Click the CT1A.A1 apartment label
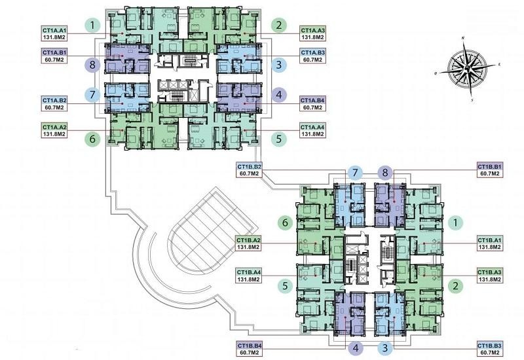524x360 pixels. pos(54,33)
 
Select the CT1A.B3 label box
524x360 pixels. pos(313,56)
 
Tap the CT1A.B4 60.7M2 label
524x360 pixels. pos(313,104)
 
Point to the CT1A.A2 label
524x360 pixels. pos(54,130)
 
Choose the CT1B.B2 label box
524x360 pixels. pos(249,170)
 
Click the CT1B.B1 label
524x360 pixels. pos(489,170)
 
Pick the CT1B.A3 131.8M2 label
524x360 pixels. pos(489,276)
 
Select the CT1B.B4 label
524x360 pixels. pos(249,349)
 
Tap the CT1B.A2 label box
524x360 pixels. pos(248,243)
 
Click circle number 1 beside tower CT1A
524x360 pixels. pos(92,26)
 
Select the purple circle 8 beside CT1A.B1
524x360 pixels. pos(92,65)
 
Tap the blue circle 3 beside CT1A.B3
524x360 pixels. pos(279,65)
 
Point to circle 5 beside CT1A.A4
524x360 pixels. pos(279,139)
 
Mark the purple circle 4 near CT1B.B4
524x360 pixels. pos(356,348)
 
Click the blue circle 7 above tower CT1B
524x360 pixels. pos(356,173)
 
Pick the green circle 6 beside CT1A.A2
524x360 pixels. pos(92,139)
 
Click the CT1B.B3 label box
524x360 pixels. pos(489,349)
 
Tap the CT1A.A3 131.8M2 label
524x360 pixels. pos(313,33)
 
